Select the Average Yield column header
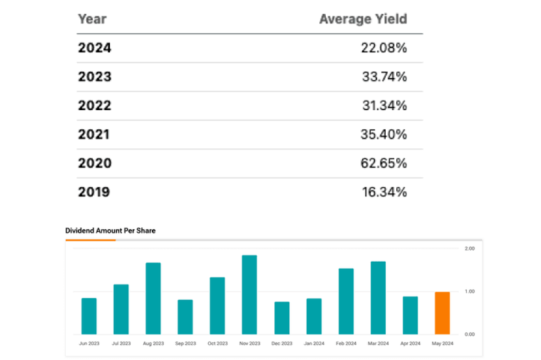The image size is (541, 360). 363,19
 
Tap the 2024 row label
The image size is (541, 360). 94,48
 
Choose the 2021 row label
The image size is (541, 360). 94,135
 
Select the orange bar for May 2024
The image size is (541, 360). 442,313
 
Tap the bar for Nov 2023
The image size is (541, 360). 249,294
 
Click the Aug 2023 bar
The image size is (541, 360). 153,298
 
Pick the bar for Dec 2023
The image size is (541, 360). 282,318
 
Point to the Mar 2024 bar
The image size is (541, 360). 378,297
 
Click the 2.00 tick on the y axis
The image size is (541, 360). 469,249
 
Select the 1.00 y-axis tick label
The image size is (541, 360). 469,291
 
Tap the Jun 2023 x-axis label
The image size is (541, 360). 89,343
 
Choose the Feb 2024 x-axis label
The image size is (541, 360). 345,343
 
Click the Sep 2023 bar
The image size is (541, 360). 185,317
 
